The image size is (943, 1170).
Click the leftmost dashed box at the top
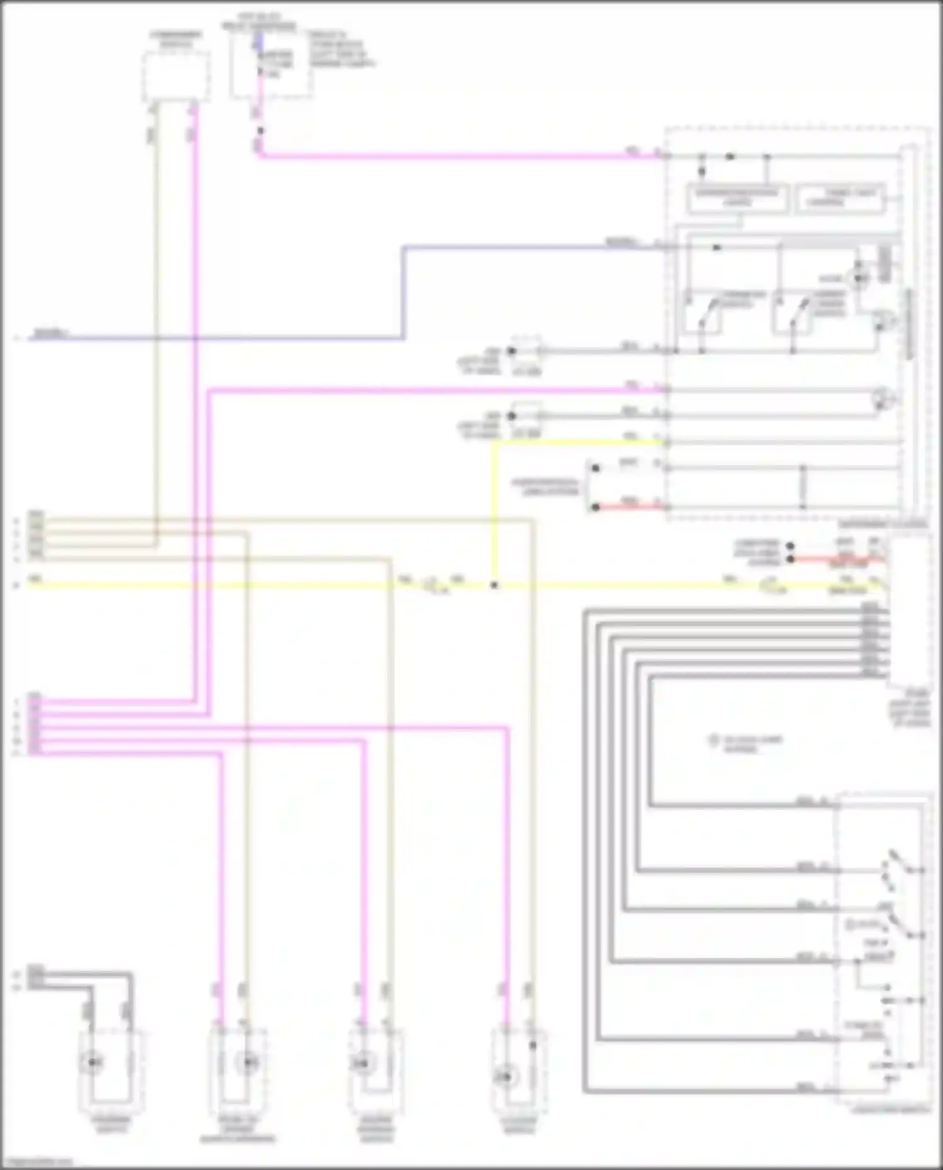pyautogui.click(x=176, y=76)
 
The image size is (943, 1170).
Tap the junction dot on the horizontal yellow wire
pyautogui.click(x=494, y=585)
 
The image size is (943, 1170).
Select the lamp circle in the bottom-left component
pyautogui.click(x=93, y=1062)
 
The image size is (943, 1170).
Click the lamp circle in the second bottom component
pyautogui.click(x=246, y=1062)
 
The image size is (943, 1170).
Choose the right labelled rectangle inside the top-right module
pyautogui.click(x=841, y=198)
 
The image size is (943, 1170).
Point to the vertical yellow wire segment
pyautogui.click(x=494, y=512)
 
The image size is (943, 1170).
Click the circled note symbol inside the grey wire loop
pyautogui.click(x=714, y=741)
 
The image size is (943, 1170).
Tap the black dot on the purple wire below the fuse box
pyautogui.click(x=260, y=131)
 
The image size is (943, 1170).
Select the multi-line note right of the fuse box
pyautogui.click(x=340, y=49)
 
